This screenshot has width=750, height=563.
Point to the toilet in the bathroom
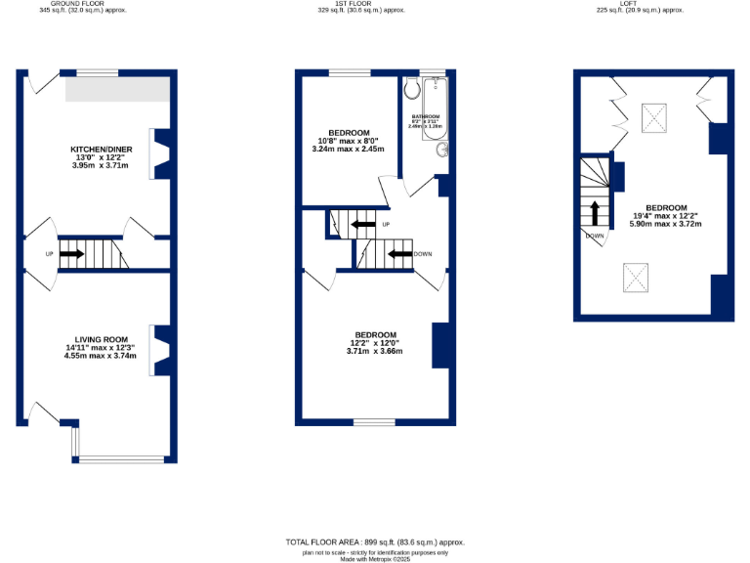[411, 89]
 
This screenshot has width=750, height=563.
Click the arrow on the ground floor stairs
[71, 254]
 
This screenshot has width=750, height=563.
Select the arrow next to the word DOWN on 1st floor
[398, 254]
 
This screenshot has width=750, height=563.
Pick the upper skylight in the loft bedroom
[654, 119]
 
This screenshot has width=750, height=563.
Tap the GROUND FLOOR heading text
[77, 4]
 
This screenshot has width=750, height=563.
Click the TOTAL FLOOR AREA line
[375, 541]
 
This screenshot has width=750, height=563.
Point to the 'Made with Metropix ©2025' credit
[375, 559]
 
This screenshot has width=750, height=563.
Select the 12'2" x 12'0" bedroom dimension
[375, 342]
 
